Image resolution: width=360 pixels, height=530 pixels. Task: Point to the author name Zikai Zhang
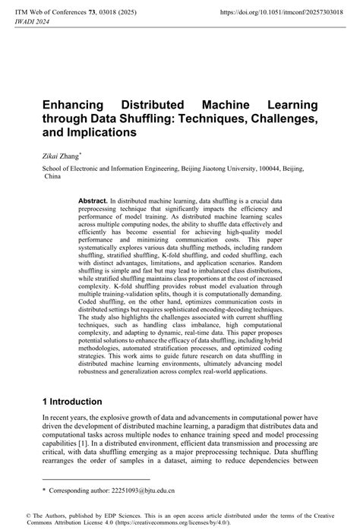(x=60, y=154)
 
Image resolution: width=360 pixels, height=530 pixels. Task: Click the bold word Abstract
(x=93, y=200)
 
